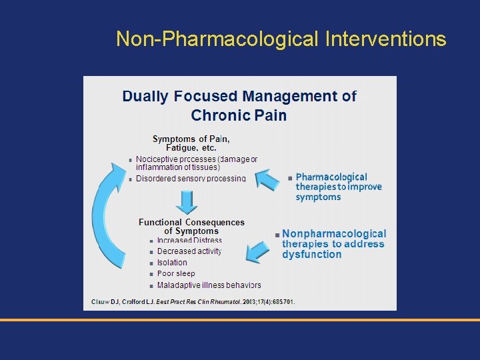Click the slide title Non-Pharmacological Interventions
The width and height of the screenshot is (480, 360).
281,39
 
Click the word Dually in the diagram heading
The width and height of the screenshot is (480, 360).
145,96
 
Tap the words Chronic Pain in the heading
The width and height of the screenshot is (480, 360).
239,115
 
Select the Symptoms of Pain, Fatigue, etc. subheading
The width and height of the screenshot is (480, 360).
191,143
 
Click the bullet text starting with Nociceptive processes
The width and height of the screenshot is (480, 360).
196,163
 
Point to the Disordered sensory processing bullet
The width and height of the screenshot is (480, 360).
191,179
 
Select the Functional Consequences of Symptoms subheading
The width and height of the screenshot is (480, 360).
191,227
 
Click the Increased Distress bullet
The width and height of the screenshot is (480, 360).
189,241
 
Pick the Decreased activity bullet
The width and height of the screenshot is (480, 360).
189,251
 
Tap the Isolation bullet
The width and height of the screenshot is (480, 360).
172,263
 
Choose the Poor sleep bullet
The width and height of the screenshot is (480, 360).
176,273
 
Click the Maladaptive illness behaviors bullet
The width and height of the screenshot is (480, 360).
209,285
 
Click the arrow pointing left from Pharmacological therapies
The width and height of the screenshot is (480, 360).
270,180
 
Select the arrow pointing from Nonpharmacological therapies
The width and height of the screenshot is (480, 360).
258,251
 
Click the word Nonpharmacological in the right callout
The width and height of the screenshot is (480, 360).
334,234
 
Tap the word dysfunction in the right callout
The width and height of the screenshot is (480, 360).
311,255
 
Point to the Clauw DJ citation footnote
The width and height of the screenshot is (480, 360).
193,302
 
